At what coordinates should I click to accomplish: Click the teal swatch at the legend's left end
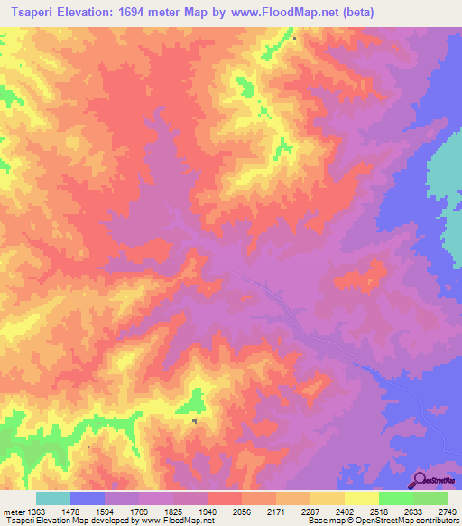(x=53, y=498)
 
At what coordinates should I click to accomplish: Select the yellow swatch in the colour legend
(x=362, y=498)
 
